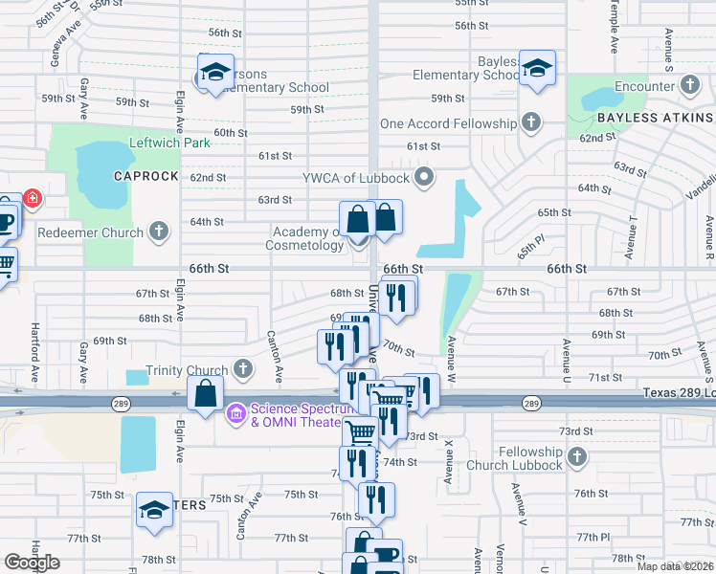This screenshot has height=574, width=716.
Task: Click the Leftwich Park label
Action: tap(170, 143)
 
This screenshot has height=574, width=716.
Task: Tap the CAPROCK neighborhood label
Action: tap(146, 176)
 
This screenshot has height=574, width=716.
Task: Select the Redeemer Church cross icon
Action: tap(159, 232)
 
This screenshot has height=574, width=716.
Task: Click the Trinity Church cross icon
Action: tap(243, 368)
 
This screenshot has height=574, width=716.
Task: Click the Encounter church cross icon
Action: tap(688, 86)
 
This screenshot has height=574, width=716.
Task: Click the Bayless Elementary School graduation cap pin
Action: tap(538, 69)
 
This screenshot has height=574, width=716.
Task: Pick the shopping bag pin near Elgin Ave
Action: tap(206, 393)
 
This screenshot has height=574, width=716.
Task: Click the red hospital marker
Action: tap(32, 199)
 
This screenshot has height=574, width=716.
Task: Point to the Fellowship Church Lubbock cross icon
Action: tap(575, 457)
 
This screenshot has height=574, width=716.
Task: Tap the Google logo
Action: tap(33, 563)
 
